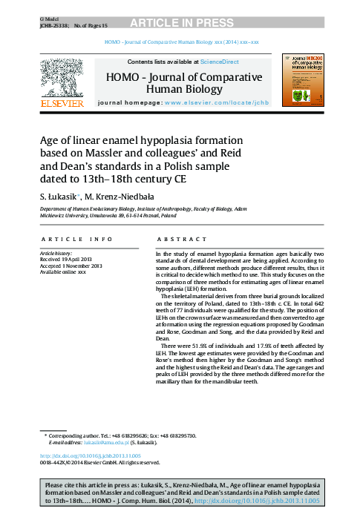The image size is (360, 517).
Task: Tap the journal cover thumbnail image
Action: tap(304, 79)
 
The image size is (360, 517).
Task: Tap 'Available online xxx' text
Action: tap(63, 273)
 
